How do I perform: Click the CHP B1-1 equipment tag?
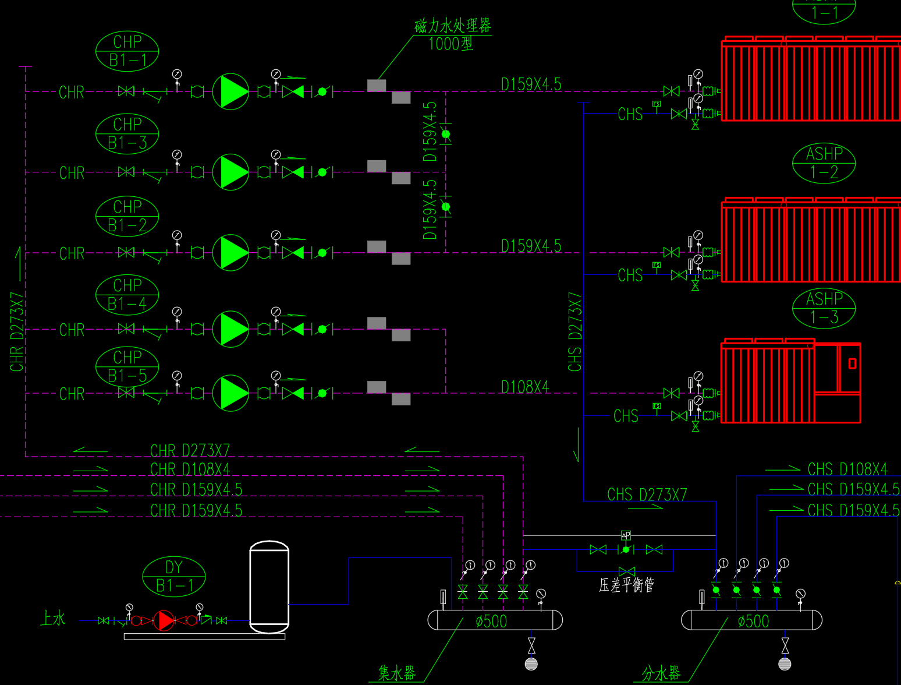(x=127, y=51)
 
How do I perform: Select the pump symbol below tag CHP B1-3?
(x=231, y=172)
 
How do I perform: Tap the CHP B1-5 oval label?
(x=127, y=366)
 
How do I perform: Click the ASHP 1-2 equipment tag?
(x=824, y=163)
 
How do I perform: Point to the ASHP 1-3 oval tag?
(x=824, y=308)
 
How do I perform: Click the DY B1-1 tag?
(x=173, y=577)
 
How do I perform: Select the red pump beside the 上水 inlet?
(x=165, y=621)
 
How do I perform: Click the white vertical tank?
(x=269, y=587)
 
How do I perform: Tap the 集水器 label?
(x=397, y=673)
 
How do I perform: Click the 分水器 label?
(x=661, y=673)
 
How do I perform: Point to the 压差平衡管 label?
(x=626, y=585)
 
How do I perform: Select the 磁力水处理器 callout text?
(x=452, y=26)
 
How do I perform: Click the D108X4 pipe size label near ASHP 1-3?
(x=525, y=387)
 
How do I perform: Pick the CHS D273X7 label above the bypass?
(x=647, y=495)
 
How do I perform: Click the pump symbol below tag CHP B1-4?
(x=231, y=329)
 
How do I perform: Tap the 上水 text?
(x=52, y=618)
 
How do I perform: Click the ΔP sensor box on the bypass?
(x=626, y=535)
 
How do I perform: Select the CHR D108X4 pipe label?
(x=190, y=469)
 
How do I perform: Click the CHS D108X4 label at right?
(x=847, y=469)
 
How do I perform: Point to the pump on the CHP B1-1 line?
(x=231, y=91)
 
